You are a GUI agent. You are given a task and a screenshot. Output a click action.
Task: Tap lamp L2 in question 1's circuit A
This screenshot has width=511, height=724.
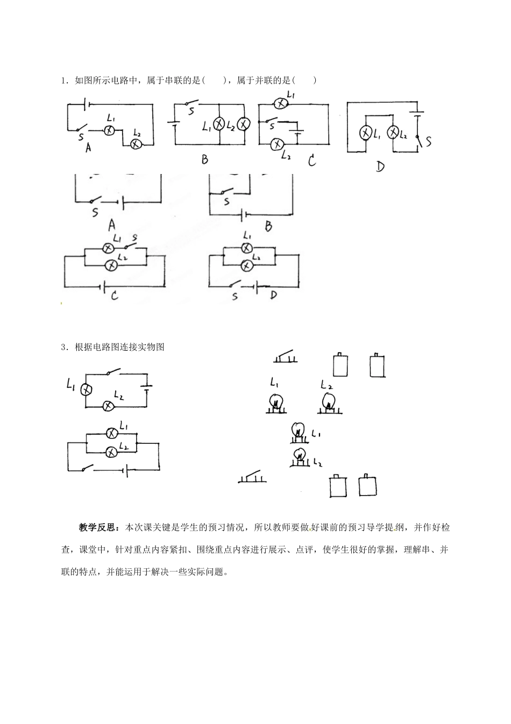point(136,144)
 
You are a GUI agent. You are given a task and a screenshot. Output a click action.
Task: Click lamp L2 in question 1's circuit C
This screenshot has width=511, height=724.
point(277,144)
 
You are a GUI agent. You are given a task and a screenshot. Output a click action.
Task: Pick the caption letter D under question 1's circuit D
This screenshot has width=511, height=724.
point(380,166)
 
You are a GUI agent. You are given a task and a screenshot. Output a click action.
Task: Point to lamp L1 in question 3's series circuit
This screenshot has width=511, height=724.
point(85,389)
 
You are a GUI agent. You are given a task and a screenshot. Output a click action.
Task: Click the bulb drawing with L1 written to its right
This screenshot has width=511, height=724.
point(297,431)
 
